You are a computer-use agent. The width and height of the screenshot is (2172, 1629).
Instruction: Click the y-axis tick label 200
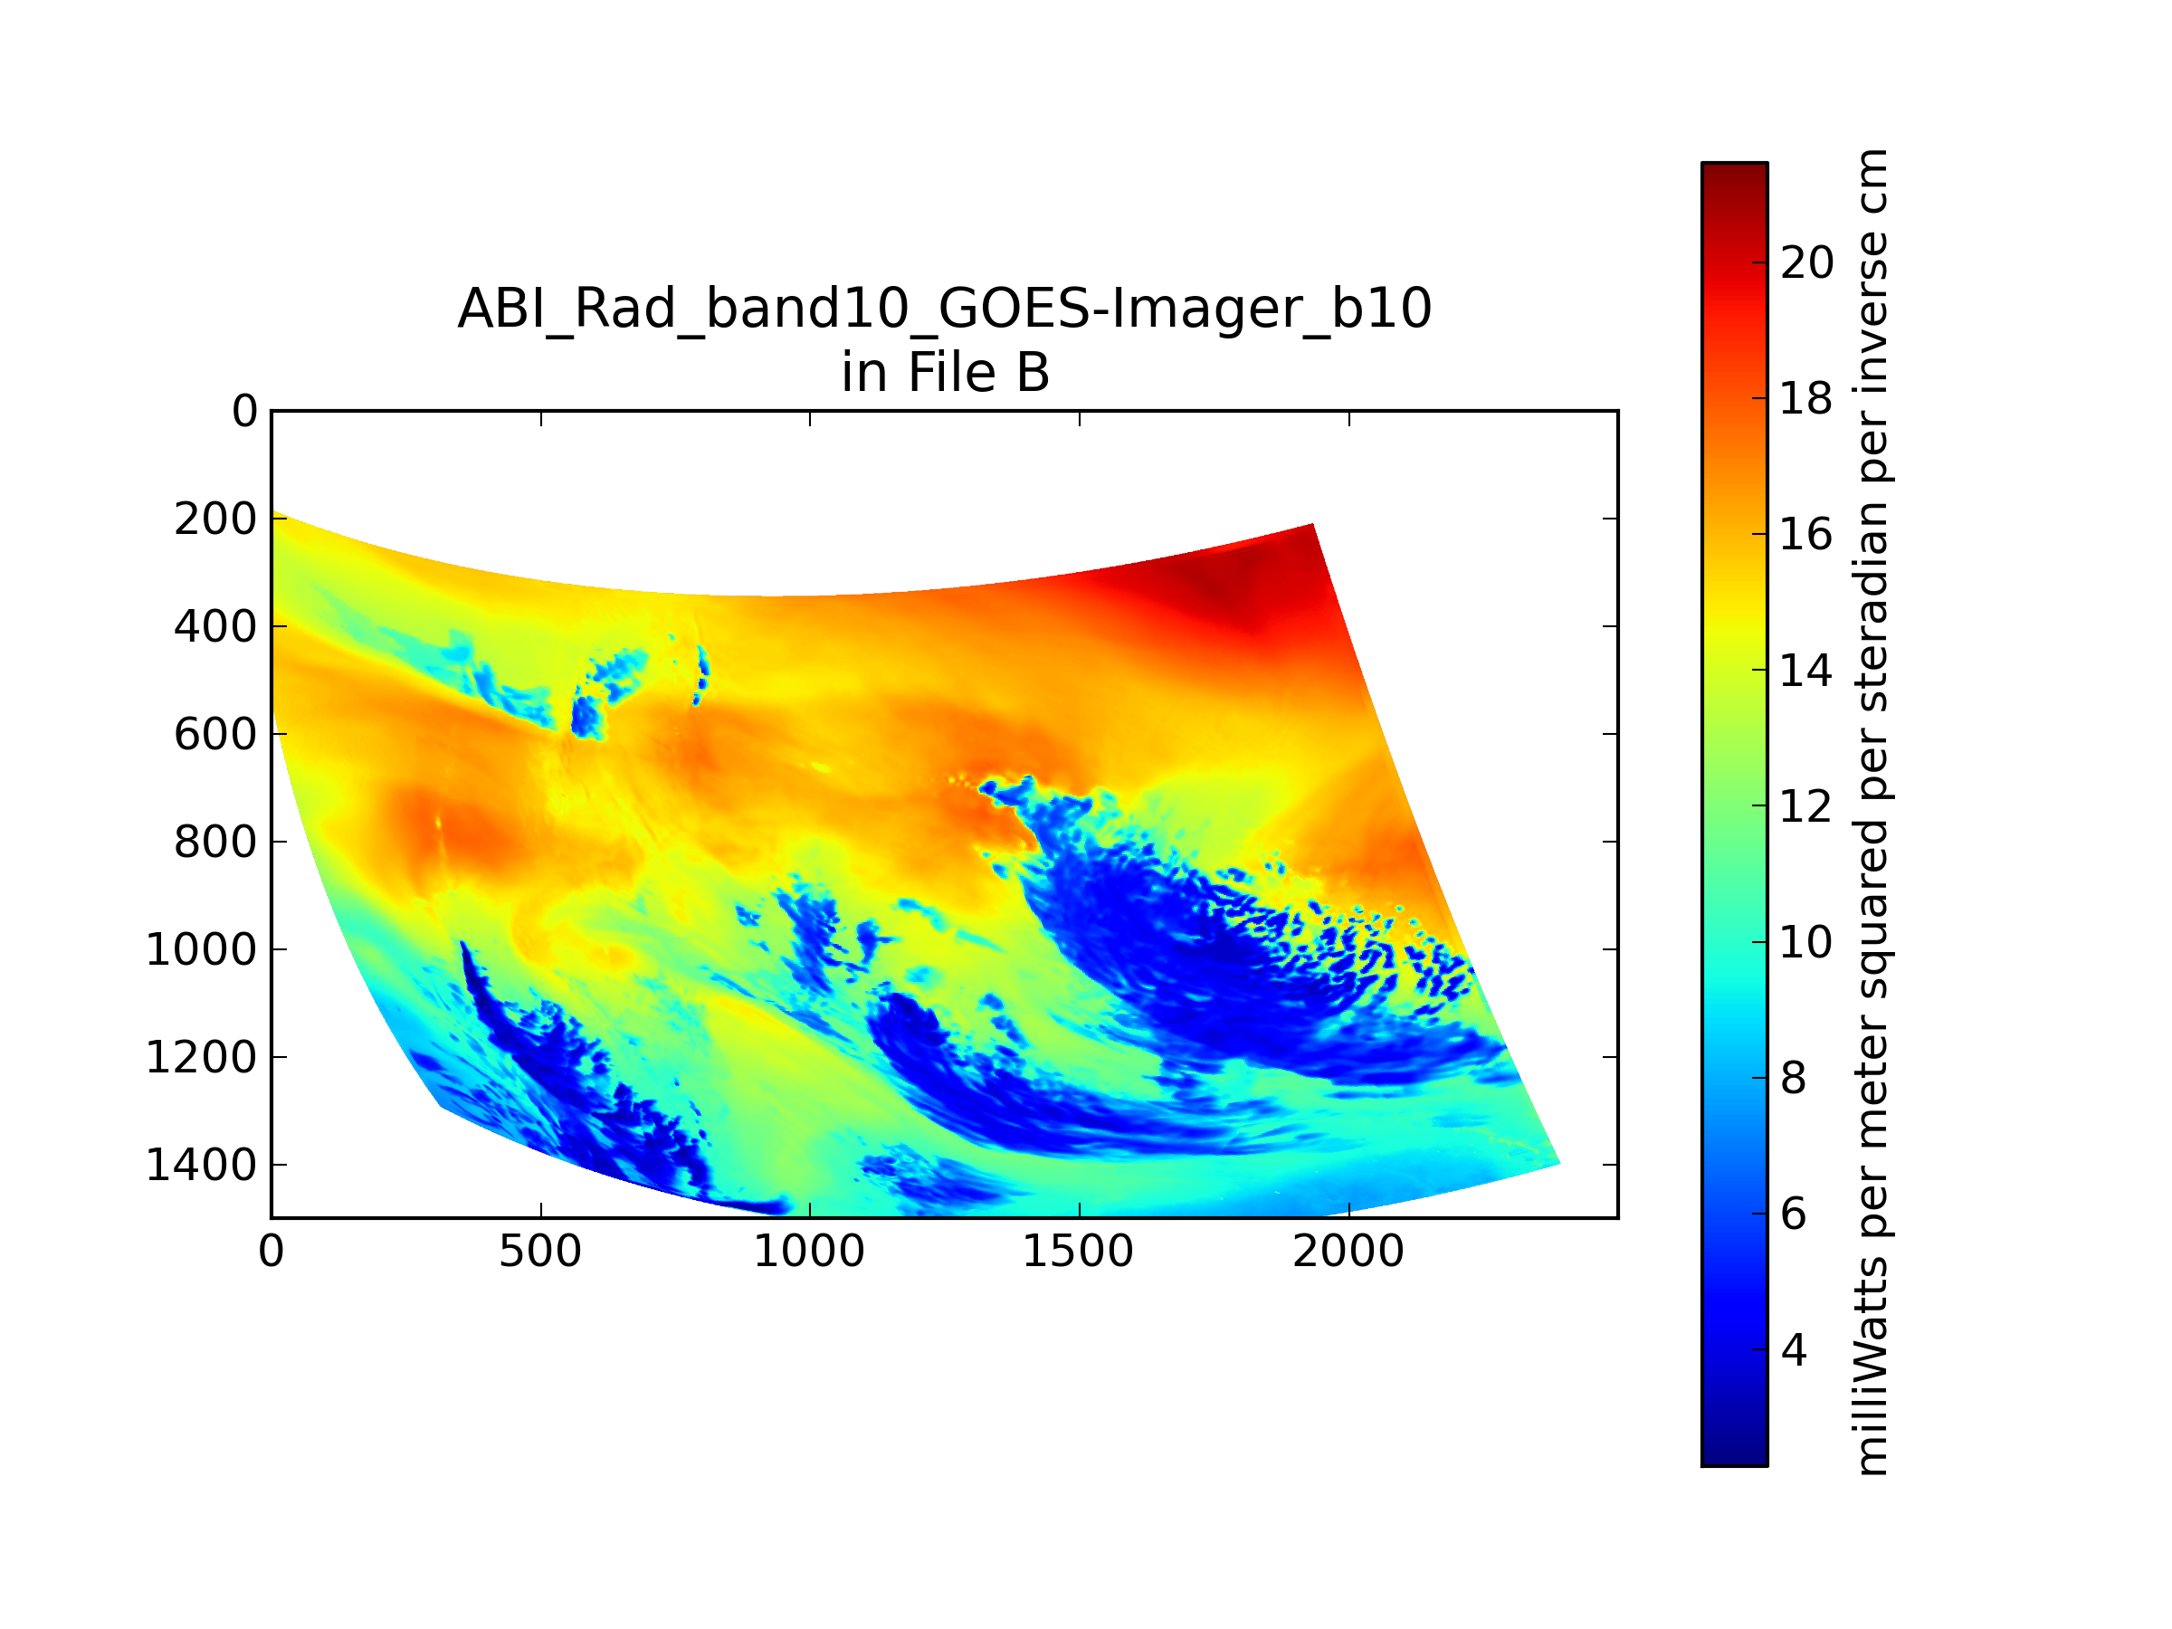click(x=215, y=519)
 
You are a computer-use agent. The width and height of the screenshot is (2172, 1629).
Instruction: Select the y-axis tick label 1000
click(x=201, y=949)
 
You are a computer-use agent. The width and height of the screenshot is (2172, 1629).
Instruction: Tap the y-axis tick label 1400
click(x=201, y=1166)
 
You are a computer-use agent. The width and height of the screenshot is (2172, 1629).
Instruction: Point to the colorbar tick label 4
click(x=1793, y=1351)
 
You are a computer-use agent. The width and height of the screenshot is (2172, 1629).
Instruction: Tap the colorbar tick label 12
click(x=1806, y=807)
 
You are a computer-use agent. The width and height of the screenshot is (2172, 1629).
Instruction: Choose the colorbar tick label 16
click(x=1806, y=535)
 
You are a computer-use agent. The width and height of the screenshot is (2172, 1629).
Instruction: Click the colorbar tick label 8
click(x=1793, y=1079)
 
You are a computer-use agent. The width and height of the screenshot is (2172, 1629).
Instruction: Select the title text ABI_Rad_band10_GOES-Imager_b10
click(x=945, y=309)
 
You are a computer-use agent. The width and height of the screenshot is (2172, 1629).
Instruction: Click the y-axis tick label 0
click(x=244, y=412)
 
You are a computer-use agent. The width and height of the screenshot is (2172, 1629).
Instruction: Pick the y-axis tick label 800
click(x=215, y=843)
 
